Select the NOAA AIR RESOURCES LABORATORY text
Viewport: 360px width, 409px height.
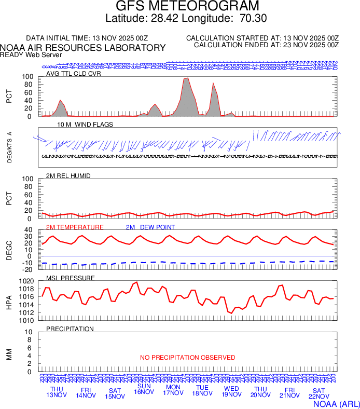(x=83, y=48)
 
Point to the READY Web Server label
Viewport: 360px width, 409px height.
(x=31, y=54)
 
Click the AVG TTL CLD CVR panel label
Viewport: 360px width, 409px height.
(x=74, y=73)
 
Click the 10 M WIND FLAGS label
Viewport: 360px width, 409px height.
(x=85, y=125)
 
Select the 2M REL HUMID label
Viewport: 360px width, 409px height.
(x=68, y=176)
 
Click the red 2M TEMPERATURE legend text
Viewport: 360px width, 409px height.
(x=75, y=227)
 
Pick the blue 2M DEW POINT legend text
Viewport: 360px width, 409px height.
(x=150, y=227)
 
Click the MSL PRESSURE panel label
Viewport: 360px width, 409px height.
(x=71, y=278)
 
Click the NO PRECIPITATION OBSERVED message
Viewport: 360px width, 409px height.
(x=187, y=358)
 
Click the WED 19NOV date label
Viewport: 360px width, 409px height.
(x=231, y=392)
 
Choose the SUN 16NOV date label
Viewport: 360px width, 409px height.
(x=144, y=389)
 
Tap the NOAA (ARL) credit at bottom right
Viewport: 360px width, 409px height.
(x=336, y=403)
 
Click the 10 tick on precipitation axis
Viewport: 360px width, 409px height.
(x=30, y=332)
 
